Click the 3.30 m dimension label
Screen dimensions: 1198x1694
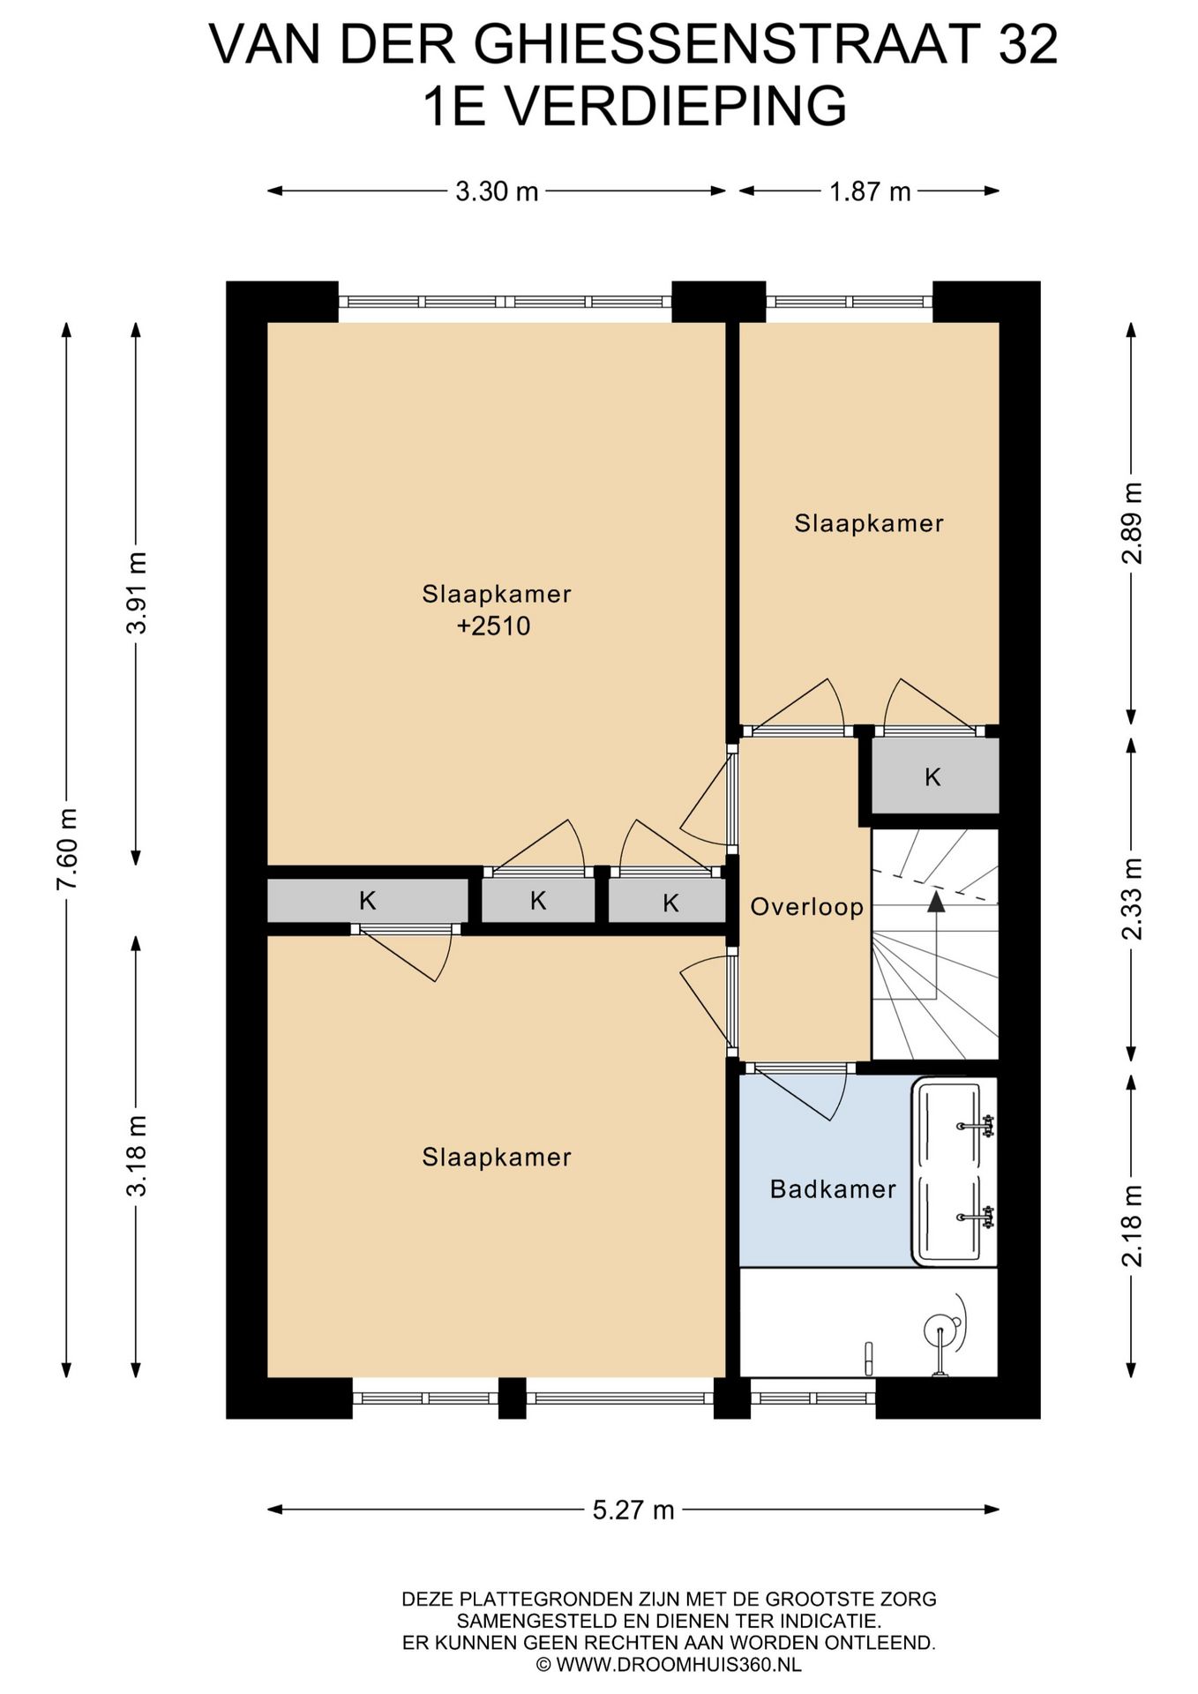[x=497, y=191]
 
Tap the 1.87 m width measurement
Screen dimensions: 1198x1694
[x=869, y=191]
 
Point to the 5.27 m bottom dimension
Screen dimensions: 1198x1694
[x=633, y=1510]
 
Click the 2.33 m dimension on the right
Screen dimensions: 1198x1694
[x=1132, y=898]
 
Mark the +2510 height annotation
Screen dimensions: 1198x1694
[x=494, y=626]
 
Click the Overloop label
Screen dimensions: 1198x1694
[x=806, y=907]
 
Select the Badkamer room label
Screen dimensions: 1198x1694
[x=833, y=1189]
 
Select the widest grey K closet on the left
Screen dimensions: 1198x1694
[x=367, y=901]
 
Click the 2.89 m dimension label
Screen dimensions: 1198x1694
[x=1132, y=523]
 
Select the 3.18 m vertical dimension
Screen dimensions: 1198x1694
[x=137, y=1155]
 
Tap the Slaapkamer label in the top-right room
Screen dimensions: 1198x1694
[x=869, y=523]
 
